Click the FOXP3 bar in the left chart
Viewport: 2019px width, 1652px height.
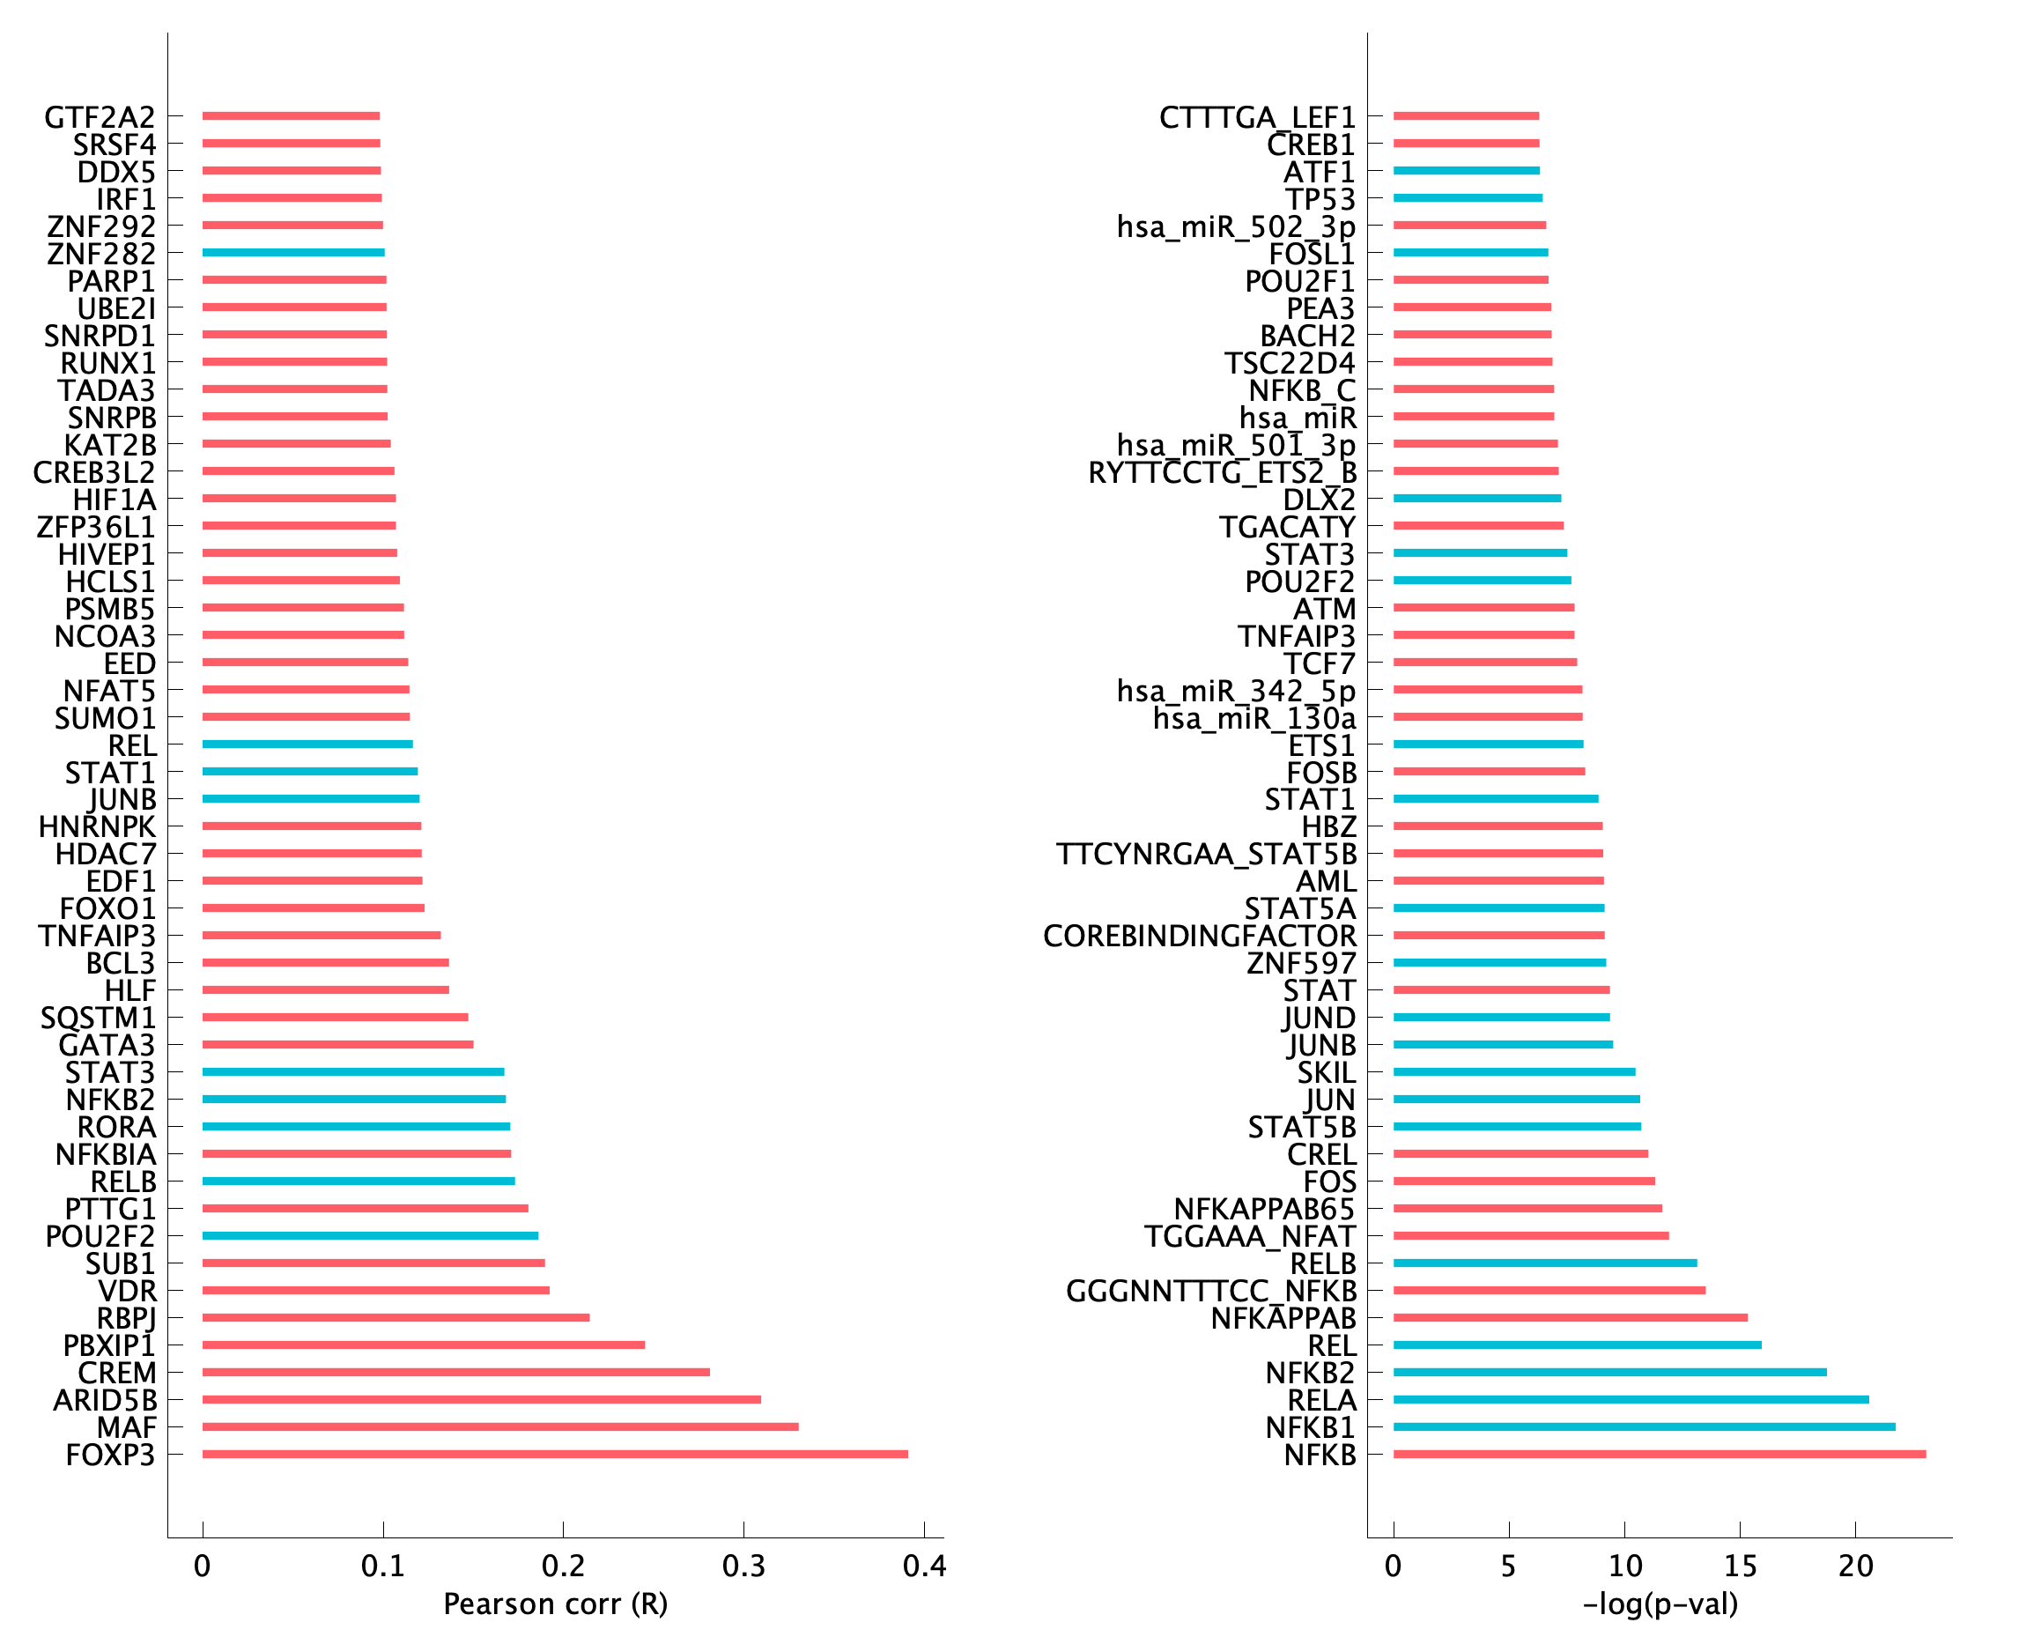(555, 1454)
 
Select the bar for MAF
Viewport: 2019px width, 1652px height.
(500, 1426)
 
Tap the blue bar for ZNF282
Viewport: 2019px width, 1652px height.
(293, 252)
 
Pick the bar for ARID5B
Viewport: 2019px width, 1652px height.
(482, 1399)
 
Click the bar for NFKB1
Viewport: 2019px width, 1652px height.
(1644, 1426)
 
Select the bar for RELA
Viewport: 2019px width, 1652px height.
(1631, 1399)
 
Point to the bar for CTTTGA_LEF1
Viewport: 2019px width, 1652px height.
(1466, 116)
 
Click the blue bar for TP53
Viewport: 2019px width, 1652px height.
(1468, 198)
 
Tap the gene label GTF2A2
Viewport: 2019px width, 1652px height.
(100, 117)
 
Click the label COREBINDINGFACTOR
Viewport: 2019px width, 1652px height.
(1200, 937)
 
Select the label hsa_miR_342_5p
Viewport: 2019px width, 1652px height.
(1236, 691)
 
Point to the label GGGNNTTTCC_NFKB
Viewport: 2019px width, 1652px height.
(1211, 1292)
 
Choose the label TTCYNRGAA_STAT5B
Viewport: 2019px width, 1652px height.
(1207, 855)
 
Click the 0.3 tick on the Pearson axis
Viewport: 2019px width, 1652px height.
(744, 1567)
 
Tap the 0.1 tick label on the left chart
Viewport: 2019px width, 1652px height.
(382, 1567)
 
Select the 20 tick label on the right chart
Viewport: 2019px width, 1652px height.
(1855, 1567)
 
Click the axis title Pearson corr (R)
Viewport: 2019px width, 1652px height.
(556, 1604)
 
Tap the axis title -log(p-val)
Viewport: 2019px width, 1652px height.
(1660, 1604)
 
